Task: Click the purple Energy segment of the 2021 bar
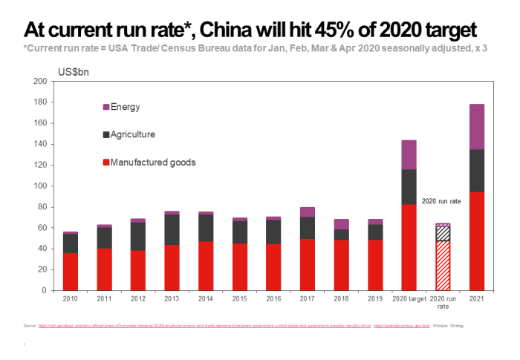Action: point(476,126)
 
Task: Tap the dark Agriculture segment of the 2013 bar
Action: point(172,229)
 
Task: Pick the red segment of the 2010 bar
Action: point(71,271)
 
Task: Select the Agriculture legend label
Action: point(134,135)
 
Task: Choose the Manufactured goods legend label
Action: point(152,162)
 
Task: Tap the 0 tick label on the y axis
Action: point(44,290)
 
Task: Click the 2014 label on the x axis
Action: point(206,298)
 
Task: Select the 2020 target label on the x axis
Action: point(409,298)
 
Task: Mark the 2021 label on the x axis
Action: point(476,298)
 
